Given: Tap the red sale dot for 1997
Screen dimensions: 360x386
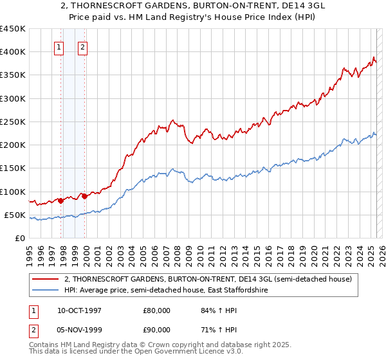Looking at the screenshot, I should point(61,201).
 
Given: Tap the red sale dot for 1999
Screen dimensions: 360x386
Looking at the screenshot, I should point(84,196).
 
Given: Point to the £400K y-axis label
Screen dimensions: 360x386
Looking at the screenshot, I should point(12,52).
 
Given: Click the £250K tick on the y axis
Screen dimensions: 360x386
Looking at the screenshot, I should point(12,122).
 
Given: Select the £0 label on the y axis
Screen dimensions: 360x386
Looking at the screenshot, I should point(19,238).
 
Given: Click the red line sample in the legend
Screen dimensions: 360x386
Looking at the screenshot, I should point(45,280).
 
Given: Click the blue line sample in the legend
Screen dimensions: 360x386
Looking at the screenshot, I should point(45,291).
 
